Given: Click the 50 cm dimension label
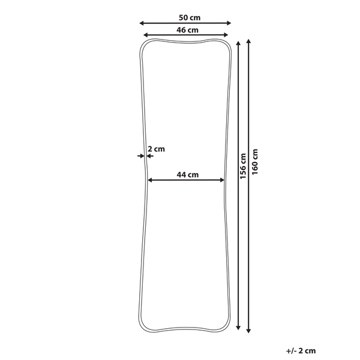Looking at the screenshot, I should pos(185,17).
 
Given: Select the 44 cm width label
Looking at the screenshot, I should pos(188,175).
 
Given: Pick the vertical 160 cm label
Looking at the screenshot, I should pos(254,161).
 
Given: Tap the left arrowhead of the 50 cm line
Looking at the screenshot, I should pos(142,23).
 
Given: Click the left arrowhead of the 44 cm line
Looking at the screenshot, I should pos(149,180).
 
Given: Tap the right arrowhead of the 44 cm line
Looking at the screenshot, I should pos(224,180).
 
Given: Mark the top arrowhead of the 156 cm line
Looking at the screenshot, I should pos(239,44).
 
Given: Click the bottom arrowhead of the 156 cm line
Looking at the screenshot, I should pos(239,328).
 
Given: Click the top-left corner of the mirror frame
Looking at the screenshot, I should pos(145,44).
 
